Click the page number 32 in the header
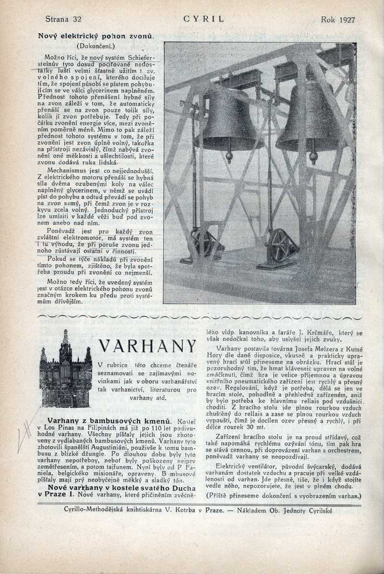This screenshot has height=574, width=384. click(x=76, y=20)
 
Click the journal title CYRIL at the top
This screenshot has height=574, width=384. click(x=204, y=20)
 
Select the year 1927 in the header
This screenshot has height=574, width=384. click(x=346, y=20)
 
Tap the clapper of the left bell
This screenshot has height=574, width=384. click(x=229, y=157)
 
